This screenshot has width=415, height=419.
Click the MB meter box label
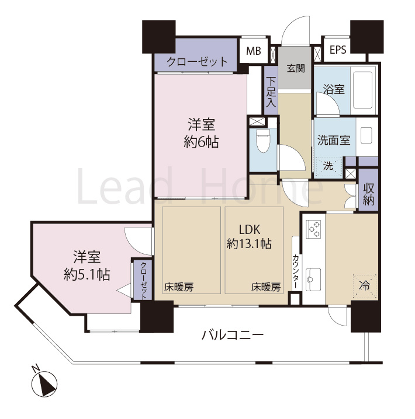coord(254,51)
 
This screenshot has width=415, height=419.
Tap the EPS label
coord(338,50)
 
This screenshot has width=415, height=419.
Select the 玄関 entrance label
coord(296,68)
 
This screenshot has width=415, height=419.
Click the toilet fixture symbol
coord(263,141)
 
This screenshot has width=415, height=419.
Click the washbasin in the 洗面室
coord(366,135)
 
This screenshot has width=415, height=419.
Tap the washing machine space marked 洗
coord(328,166)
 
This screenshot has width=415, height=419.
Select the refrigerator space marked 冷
coord(365,286)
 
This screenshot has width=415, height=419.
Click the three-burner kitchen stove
coord(314,229)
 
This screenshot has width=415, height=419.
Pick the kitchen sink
coord(313,280)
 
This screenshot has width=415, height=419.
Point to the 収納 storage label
coord(368,194)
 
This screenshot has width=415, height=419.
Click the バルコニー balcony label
coord(233,335)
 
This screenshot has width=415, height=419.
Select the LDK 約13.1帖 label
coord(249,237)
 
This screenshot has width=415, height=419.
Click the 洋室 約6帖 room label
coord(201,133)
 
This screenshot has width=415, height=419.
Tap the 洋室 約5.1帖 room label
coord(87,266)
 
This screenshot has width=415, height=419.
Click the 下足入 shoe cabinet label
coord(271,92)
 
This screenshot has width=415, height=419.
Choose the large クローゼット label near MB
coord(197,62)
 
